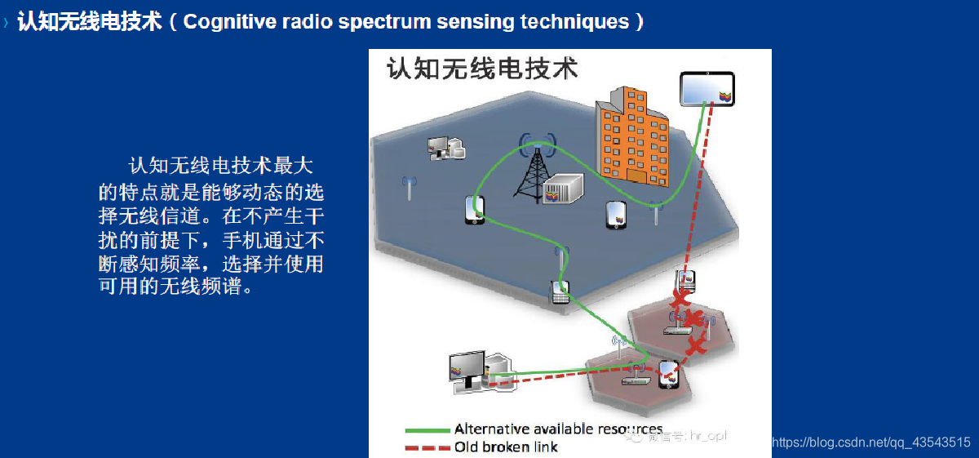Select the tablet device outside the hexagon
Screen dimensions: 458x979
coord(707,89)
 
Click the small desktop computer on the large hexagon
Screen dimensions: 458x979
coord(445,147)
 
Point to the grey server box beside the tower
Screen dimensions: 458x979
coord(562,190)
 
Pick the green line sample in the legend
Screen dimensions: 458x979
coord(427,429)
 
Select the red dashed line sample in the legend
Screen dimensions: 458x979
coord(427,447)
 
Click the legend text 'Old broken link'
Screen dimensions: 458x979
coord(506,447)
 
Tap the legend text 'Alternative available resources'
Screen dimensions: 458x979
coord(558,429)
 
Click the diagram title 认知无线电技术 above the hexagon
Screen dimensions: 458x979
coord(482,69)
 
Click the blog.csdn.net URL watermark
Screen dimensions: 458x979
coord(870,442)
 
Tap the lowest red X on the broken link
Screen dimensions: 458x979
coord(695,345)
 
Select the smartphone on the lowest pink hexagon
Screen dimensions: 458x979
coord(669,373)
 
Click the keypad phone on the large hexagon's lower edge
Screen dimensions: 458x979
coord(560,291)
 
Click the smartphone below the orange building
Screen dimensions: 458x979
coord(616,215)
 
